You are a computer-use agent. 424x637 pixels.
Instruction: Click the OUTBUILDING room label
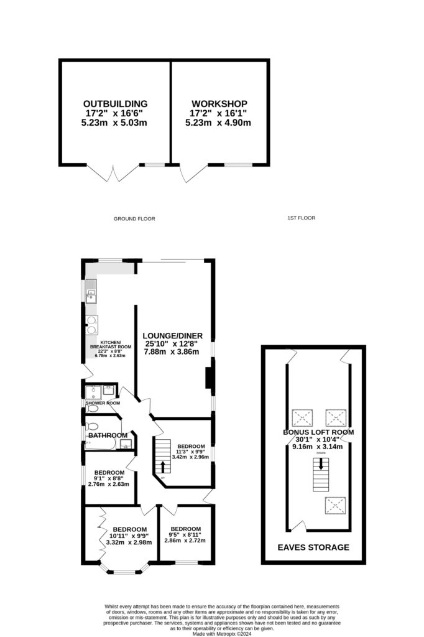tap(116, 103)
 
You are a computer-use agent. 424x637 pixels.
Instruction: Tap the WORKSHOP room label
tap(219, 103)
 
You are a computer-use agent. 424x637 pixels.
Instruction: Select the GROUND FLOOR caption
tap(134, 219)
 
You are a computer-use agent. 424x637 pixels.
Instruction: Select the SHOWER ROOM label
tap(103, 402)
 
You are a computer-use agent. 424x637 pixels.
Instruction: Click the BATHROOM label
tap(108, 435)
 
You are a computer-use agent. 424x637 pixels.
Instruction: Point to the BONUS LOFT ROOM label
tap(318, 432)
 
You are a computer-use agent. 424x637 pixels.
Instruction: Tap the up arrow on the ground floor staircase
tap(163, 466)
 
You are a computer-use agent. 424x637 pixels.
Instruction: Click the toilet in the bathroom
tap(91, 427)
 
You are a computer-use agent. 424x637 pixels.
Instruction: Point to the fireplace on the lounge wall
tap(209, 378)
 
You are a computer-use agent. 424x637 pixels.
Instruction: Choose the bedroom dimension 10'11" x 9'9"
tap(130, 536)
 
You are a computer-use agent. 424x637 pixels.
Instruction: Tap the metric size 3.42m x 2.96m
tap(191, 457)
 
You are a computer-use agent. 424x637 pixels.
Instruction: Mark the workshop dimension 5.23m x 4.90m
tap(219, 123)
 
